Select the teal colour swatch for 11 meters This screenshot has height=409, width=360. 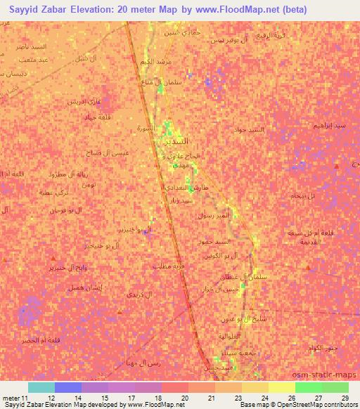[x=41, y=387]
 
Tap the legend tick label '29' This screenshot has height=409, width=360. [x=345, y=397]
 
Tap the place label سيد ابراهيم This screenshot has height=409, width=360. [x=329, y=126]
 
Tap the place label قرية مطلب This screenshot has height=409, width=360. [x=168, y=266]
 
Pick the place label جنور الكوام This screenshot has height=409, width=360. [x=321, y=349]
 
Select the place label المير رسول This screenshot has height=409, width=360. [x=214, y=215]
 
